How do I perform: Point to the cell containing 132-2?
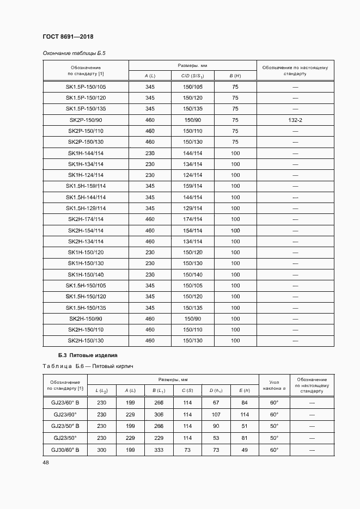(x=295, y=120)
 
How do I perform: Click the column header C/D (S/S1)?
(x=192, y=75)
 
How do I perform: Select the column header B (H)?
(x=235, y=75)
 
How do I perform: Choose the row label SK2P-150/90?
(x=86, y=120)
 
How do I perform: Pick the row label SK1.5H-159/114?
(x=86, y=186)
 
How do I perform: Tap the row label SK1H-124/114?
(x=86, y=175)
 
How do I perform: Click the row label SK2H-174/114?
(x=86, y=219)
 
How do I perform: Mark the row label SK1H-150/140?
(x=86, y=274)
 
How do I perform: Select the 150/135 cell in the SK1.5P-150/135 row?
(x=192, y=109)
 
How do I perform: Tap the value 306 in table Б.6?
(x=158, y=414)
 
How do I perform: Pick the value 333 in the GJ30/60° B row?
(x=158, y=450)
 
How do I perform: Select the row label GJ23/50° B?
(x=65, y=426)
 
